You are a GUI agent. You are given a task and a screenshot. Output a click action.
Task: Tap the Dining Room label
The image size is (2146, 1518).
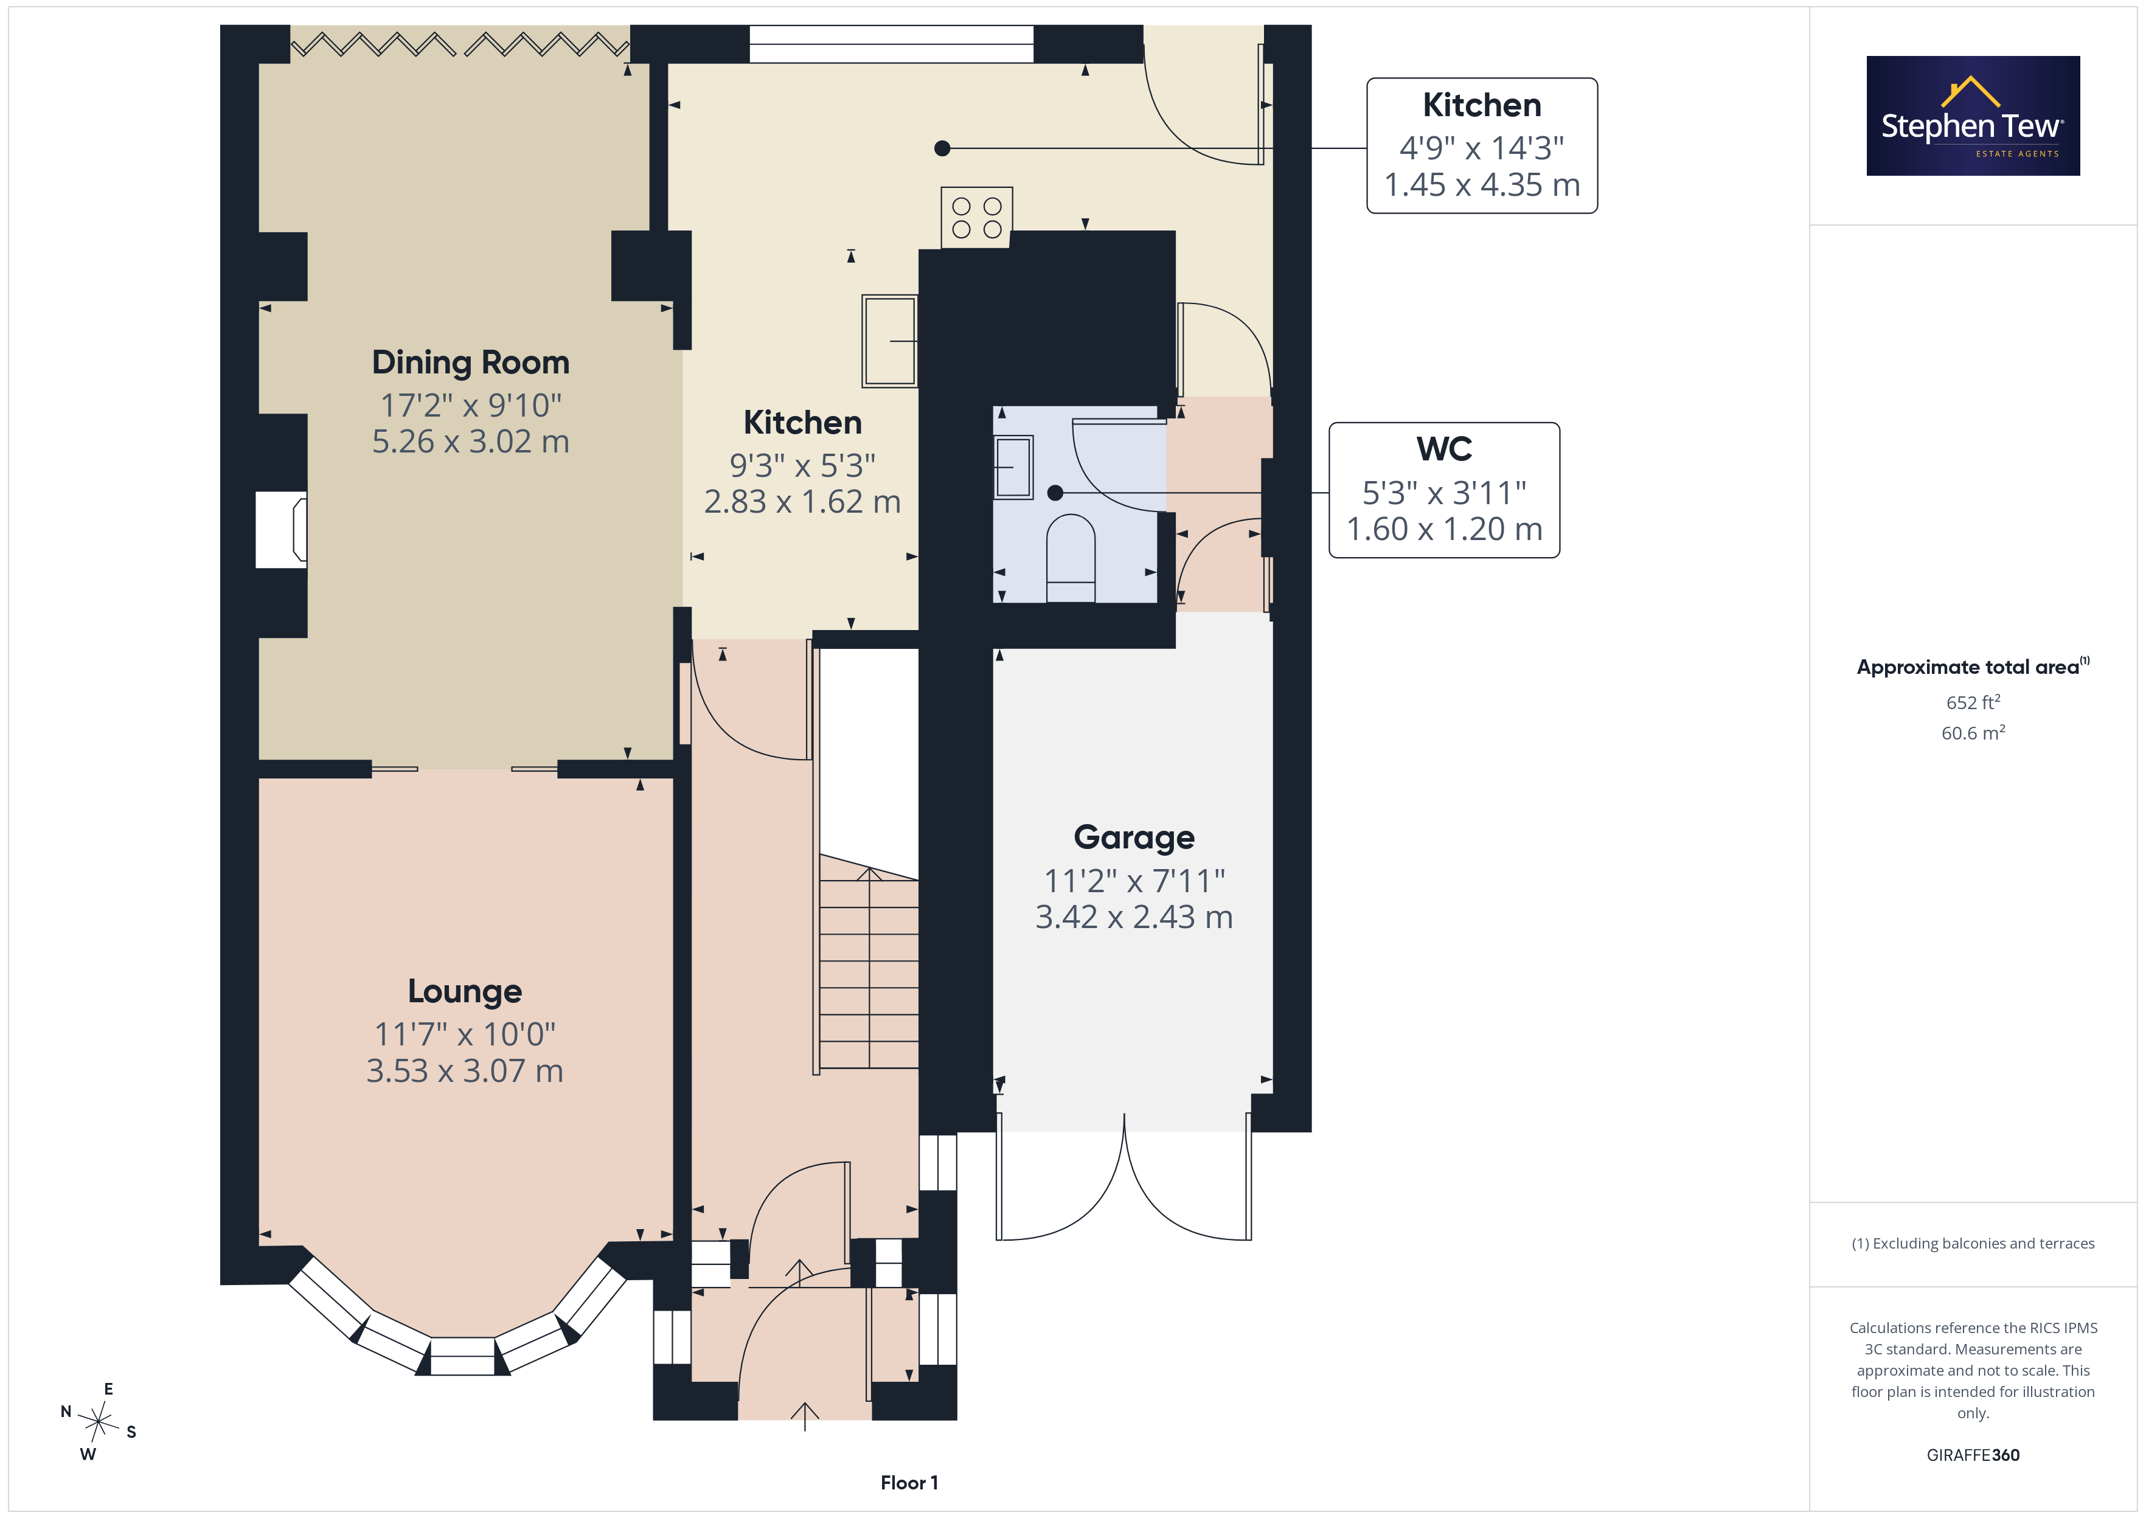[470, 362]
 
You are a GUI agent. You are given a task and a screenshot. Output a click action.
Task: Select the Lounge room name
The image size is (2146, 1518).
[465, 991]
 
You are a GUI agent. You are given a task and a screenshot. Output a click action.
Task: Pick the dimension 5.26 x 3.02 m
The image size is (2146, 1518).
[470, 441]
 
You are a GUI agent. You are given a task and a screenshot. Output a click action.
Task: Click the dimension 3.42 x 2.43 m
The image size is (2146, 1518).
[1134, 917]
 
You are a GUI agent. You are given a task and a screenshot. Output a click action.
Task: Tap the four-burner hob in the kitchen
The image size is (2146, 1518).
[977, 217]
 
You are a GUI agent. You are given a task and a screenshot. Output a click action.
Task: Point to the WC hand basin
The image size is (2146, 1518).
[1013, 466]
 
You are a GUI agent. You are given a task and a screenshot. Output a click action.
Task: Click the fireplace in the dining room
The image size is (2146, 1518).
[282, 529]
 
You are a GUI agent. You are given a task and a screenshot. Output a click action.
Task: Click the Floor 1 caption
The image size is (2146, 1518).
[909, 1483]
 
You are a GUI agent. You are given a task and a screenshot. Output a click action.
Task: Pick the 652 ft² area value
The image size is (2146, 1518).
[1973, 702]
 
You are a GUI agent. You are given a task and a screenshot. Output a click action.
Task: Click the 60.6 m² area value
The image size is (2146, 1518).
[1973, 733]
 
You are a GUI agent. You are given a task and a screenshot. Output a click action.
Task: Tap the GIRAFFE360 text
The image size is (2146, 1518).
[1973, 1455]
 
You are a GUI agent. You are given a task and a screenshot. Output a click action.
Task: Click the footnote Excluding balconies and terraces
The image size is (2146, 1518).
[1973, 1243]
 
